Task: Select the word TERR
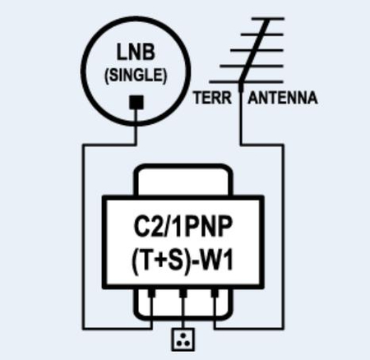[x=210, y=98]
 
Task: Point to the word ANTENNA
[x=283, y=98]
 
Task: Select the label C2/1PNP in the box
[x=183, y=228]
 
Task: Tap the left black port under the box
[x=151, y=291]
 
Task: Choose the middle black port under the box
[x=183, y=291]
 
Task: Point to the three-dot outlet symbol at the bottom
[x=183, y=337]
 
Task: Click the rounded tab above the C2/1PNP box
[x=183, y=180]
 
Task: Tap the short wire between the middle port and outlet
[x=183, y=312]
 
